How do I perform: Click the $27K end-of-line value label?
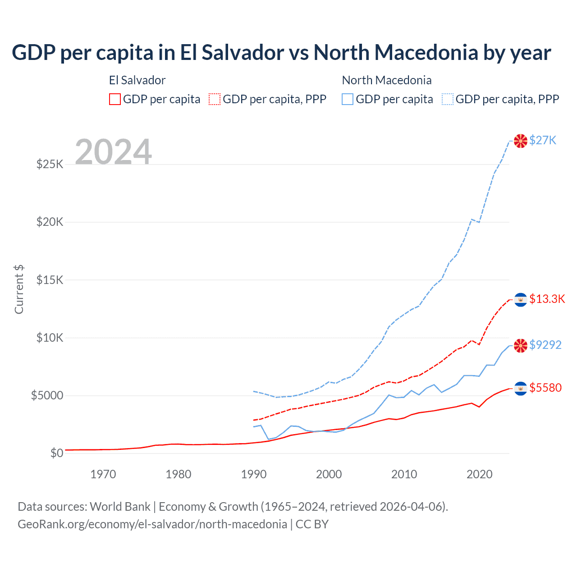[x=543, y=140]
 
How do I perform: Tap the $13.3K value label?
[x=547, y=299]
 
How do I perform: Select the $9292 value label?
[x=545, y=345]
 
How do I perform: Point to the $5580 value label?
[x=545, y=388]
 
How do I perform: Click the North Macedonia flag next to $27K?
[x=521, y=141]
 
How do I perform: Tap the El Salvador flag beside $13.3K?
[x=521, y=299]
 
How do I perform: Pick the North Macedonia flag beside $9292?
[x=521, y=345]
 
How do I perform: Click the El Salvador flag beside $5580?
[x=521, y=388]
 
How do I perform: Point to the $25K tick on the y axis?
[x=50, y=164]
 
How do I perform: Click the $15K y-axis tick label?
[x=50, y=280]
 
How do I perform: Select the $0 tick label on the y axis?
[x=56, y=453]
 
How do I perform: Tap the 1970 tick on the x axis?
[x=103, y=474]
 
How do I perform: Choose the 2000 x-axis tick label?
[x=329, y=474]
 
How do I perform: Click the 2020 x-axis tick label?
[x=479, y=474]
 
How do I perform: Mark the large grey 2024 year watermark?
[x=113, y=152]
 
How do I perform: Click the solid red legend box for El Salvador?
[x=115, y=99]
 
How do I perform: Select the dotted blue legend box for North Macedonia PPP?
[x=448, y=99]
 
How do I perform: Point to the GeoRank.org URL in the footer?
[x=152, y=524]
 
